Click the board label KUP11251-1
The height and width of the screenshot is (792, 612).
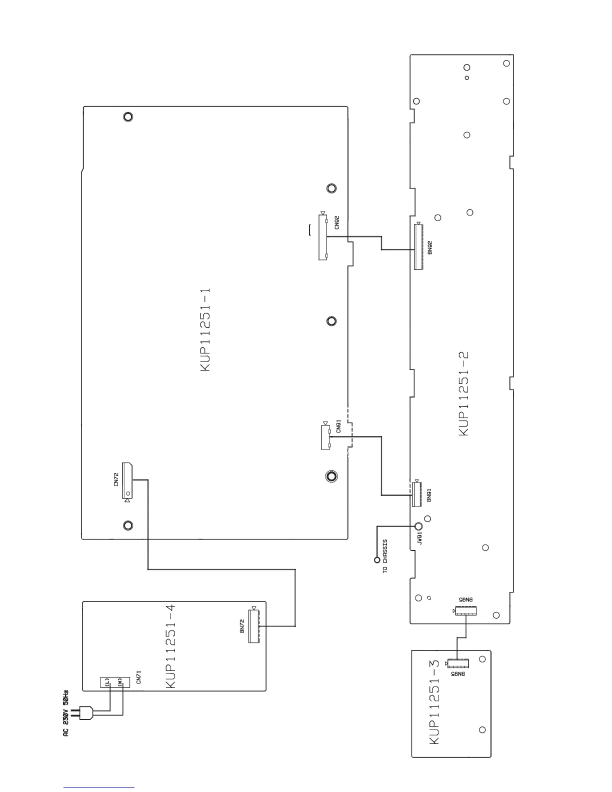coord(205,329)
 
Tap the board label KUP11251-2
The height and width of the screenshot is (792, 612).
coord(463,393)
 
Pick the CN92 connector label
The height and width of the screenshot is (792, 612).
coord(337,222)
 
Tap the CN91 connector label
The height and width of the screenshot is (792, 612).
coord(338,426)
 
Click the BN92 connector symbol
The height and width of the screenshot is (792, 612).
coord(418,246)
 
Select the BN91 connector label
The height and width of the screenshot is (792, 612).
coord(429,495)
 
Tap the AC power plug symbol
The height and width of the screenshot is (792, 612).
coord(82,713)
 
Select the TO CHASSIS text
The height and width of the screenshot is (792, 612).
coord(385,555)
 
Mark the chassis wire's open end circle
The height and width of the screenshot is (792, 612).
coord(376,559)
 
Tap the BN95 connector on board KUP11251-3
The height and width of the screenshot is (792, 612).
coord(458,663)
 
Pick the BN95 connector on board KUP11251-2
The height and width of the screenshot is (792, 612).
coord(465,610)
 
